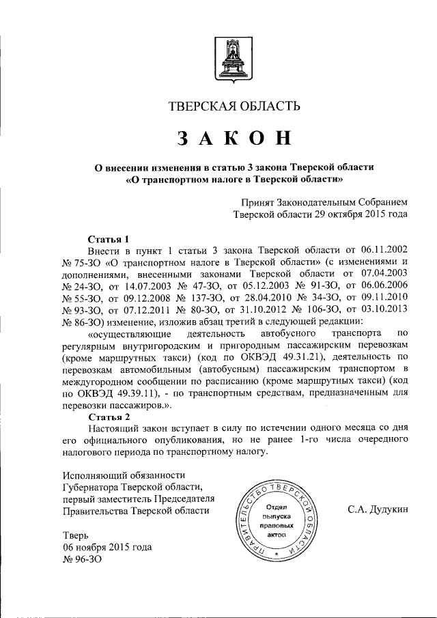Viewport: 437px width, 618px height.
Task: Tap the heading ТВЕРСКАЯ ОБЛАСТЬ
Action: (x=234, y=106)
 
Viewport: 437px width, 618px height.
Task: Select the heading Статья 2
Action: (x=109, y=416)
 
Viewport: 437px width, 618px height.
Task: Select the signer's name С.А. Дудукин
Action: (x=378, y=510)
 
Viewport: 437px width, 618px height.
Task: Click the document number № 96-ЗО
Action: (x=82, y=560)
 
